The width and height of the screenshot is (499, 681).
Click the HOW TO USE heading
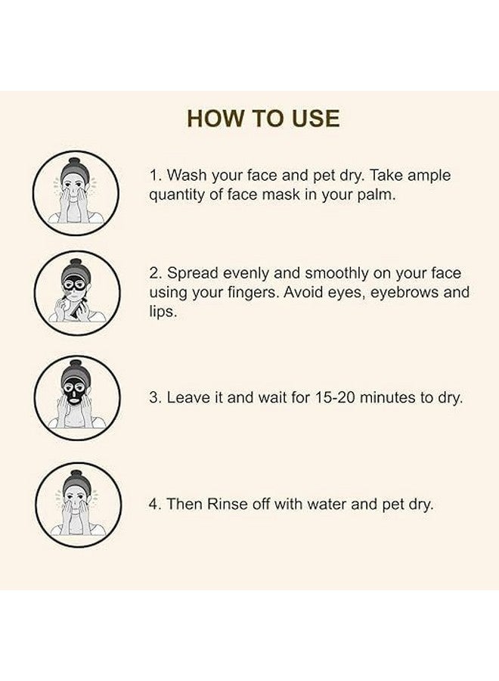tap(263, 119)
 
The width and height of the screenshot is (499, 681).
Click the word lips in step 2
tap(163, 312)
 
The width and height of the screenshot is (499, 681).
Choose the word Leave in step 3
tap(187, 397)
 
